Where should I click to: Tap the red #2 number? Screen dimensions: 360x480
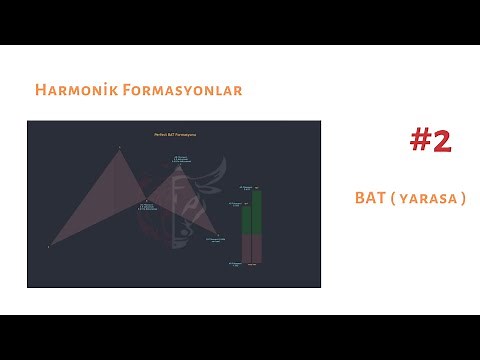point(431,141)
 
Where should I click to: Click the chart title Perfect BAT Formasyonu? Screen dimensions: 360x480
point(174,134)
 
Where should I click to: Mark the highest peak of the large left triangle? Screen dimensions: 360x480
point(119,148)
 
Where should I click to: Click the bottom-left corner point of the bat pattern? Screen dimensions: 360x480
point(48,245)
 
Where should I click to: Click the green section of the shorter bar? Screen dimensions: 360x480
point(246,219)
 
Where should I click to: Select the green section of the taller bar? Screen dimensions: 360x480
point(257,211)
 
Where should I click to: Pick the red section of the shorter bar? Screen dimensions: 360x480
point(246,249)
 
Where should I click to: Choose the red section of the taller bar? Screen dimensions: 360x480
point(257,248)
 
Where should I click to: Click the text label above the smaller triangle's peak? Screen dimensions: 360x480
point(181,158)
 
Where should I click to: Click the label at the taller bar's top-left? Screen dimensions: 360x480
point(246,187)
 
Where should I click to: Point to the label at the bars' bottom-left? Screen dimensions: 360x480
point(236,264)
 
